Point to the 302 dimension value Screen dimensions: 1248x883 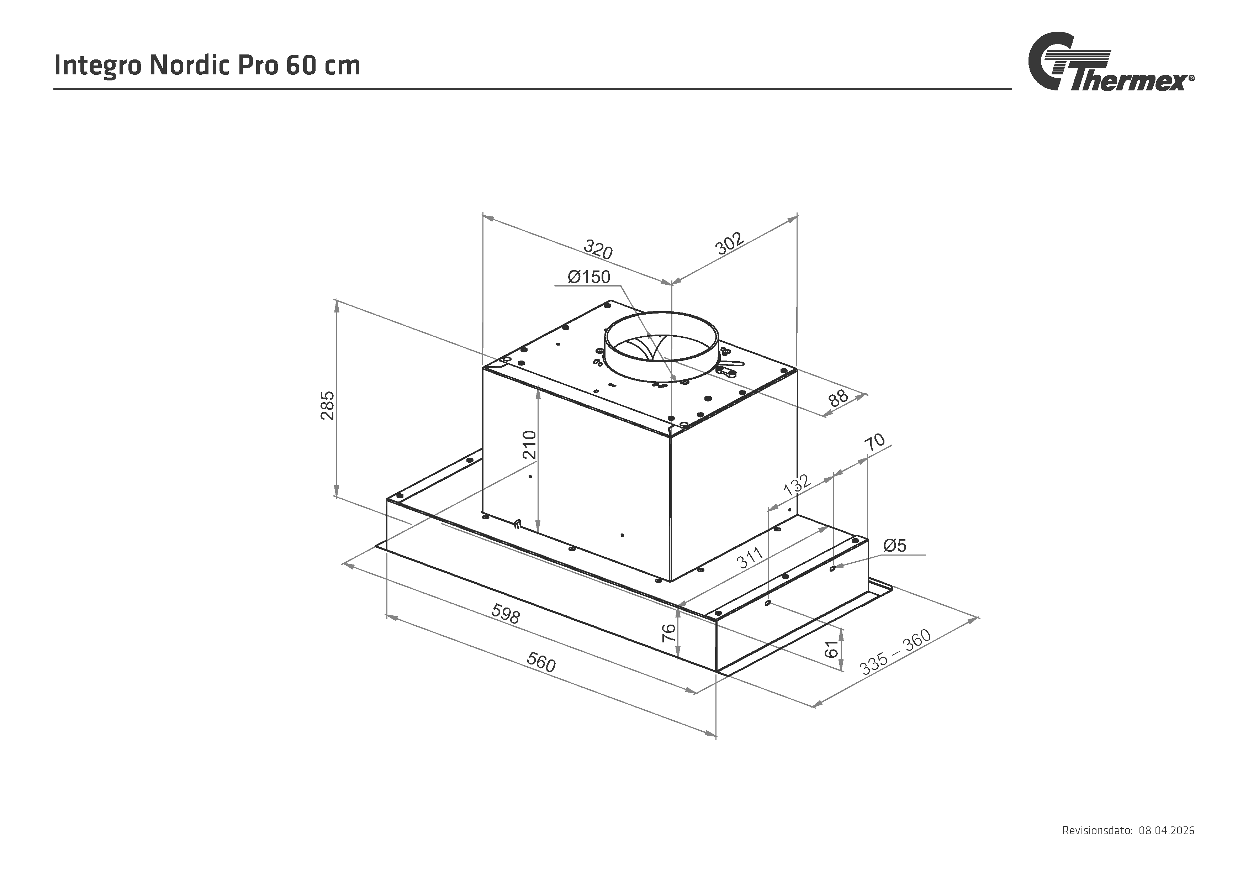729,243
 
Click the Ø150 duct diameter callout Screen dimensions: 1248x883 589,277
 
